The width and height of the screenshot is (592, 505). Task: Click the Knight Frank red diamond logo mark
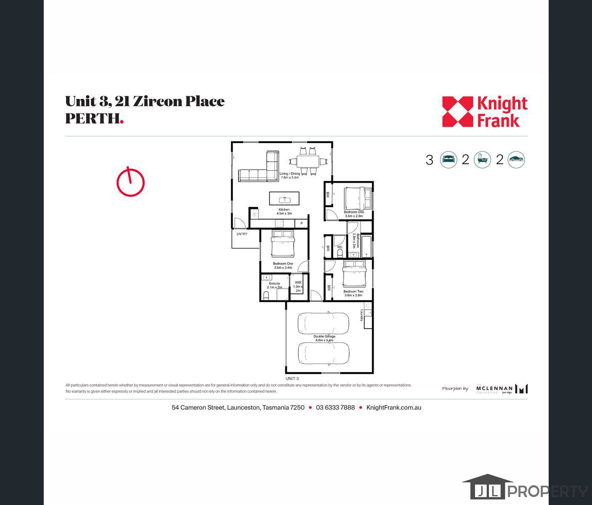[x=457, y=112]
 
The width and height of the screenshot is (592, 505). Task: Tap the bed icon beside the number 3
[x=449, y=160]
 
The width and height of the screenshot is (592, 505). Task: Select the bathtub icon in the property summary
[x=482, y=160]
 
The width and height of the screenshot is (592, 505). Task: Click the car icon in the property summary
[x=516, y=160]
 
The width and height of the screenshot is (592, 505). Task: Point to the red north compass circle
[x=130, y=182]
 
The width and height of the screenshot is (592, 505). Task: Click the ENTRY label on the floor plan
[x=242, y=234]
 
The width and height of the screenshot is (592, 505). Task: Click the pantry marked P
[x=302, y=223]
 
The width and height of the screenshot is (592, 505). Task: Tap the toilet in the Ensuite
[x=265, y=296]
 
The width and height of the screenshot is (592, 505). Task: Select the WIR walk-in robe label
[x=298, y=283]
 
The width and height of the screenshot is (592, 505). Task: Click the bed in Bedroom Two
[x=354, y=273]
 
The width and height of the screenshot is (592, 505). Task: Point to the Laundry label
[x=361, y=315]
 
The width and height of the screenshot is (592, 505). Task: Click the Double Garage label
[x=324, y=337]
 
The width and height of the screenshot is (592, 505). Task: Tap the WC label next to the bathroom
[x=340, y=247]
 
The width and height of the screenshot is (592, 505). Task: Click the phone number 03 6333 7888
[x=335, y=407]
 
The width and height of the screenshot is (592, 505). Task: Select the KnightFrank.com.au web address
[x=394, y=407]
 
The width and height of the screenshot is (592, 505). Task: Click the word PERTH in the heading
[x=93, y=119]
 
